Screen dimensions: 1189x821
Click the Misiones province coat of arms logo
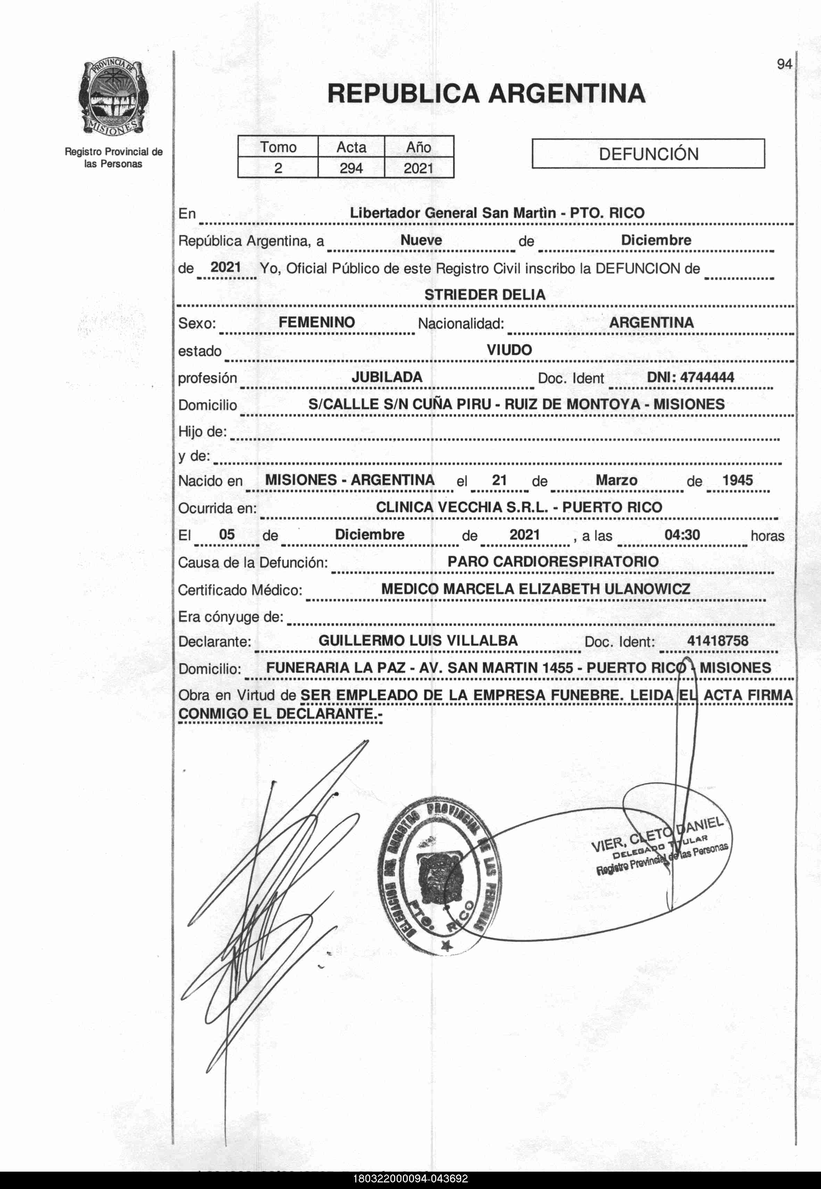(x=113, y=97)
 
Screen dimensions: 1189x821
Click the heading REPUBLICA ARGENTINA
(x=486, y=94)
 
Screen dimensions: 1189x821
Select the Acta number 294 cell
(x=351, y=168)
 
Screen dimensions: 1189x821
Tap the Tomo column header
(x=278, y=147)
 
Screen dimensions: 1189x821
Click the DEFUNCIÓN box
(x=648, y=154)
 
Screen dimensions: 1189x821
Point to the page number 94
(x=785, y=64)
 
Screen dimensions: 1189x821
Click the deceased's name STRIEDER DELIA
(x=484, y=295)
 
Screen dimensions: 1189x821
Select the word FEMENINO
(x=316, y=322)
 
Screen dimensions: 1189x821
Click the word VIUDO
(x=509, y=350)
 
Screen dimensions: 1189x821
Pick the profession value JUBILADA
(x=387, y=377)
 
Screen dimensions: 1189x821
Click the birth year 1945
(x=737, y=481)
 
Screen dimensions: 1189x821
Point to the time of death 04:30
(x=682, y=534)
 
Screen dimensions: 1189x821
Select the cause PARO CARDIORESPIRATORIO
(x=553, y=561)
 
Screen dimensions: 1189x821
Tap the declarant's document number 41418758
(x=718, y=641)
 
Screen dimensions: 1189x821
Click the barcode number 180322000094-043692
(x=410, y=1179)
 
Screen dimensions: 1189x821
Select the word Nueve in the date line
(x=421, y=240)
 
